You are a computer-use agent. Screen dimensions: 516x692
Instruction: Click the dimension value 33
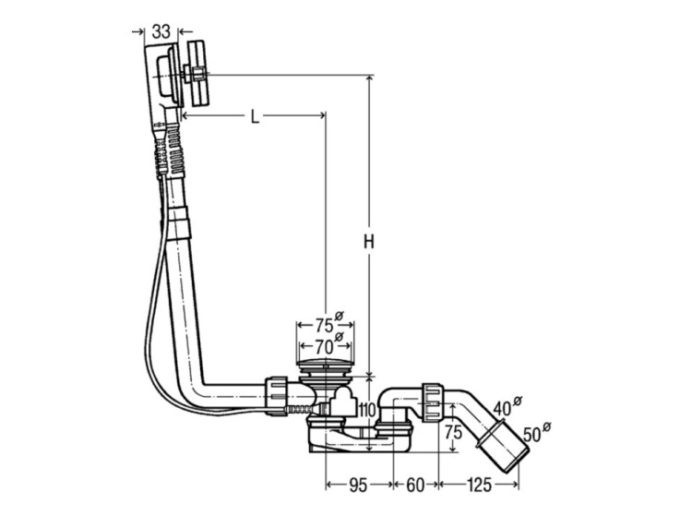click(161, 30)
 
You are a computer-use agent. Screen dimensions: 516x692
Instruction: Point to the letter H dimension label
click(367, 242)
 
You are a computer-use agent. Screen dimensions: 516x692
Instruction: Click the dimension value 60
click(415, 481)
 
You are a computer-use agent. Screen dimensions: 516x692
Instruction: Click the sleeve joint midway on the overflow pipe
click(181, 222)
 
